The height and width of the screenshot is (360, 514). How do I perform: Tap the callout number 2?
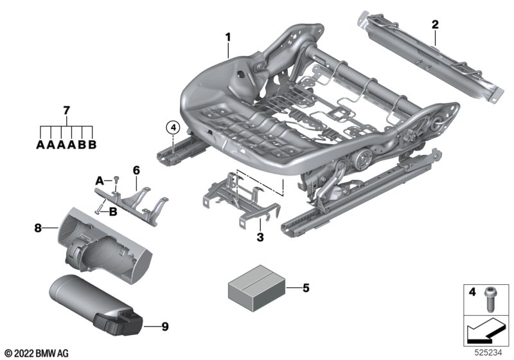435,25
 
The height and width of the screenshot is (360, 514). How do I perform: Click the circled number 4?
173,128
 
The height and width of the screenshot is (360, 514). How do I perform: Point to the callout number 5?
306,287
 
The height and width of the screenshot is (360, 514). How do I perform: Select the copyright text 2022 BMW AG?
36,352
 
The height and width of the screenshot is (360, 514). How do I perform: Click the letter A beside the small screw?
100,178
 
